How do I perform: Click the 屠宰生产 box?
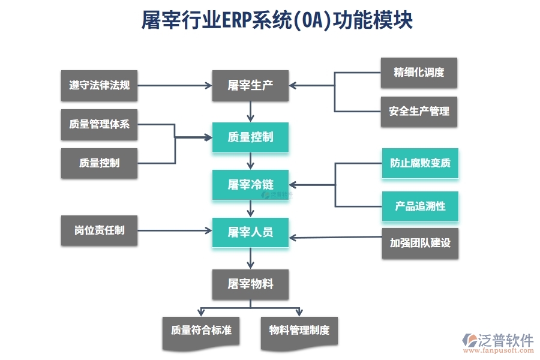[x=250, y=85]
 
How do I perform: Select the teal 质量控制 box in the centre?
[x=250, y=137]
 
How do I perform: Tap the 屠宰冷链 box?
[x=250, y=185]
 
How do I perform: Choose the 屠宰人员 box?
[x=250, y=232]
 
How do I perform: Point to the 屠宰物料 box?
[x=250, y=284]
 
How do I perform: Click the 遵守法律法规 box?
[x=99, y=85]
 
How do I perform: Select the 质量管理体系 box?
[x=99, y=125]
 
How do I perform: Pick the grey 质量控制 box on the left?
[x=99, y=163]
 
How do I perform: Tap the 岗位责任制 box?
[x=99, y=230]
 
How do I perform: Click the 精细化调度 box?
[x=419, y=73]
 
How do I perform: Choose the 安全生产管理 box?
[x=419, y=112]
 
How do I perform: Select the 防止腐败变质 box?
[x=420, y=163]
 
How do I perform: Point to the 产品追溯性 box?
[x=420, y=206]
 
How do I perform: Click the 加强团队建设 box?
[x=420, y=243]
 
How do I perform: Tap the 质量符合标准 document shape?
[x=201, y=331]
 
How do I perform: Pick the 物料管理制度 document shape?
[x=299, y=331]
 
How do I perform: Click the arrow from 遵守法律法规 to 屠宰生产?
[x=174, y=85]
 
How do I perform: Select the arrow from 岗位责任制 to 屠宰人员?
[x=174, y=231]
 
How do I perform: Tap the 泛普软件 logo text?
[x=505, y=340]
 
